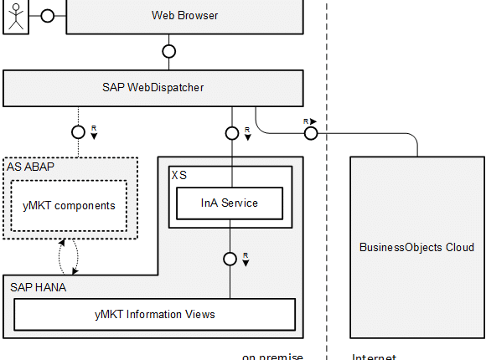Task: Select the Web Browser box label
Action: tap(184, 15)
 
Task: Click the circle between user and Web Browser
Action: tap(47, 16)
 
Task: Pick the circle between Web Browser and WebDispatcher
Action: tap(168, 51)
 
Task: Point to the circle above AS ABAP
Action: tap(78, 131)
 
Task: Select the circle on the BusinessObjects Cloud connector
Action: tap(311, 131)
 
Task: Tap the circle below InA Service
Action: tap(230, 258)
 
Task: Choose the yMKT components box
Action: tap(69, 205)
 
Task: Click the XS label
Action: tap(179, 175)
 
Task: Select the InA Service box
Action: tap(230, 203)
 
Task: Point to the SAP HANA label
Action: tap(39, 286)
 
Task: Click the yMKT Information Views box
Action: tap(155, 314)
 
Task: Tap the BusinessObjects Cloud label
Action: tap(416, 247)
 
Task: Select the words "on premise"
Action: tap(272, 356)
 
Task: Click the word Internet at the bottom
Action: tap(374, 357)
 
